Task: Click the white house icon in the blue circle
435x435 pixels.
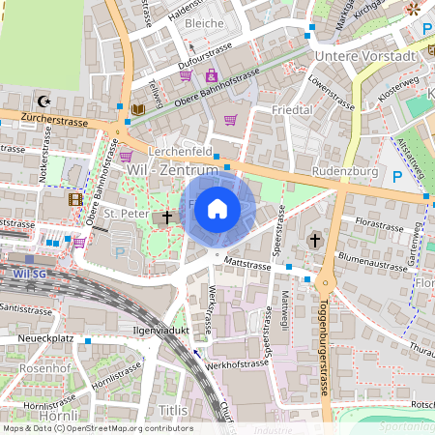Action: [217, 208]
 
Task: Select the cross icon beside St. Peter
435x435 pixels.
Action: [166, 217]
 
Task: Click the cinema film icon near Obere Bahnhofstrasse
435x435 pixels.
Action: [75, 199]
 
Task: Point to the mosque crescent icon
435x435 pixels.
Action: [42, 100]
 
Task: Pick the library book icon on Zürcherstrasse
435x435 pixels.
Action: [137, 109]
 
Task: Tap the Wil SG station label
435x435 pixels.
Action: [31, 274]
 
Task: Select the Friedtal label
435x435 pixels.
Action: [292, 110]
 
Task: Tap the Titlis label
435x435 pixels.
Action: [173, 411]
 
